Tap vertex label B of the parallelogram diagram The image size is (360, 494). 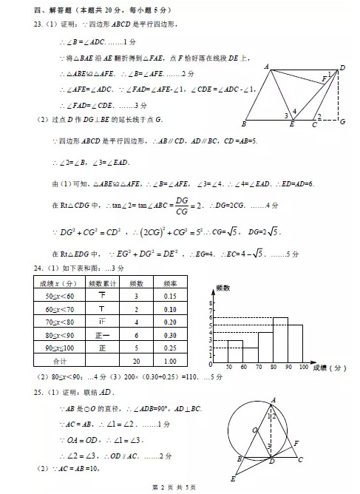tap(243, 123)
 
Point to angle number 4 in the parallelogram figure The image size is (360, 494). tap(293, 112)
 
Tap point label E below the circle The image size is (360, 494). tap(234, 478)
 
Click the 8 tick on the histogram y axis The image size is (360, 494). tap(210, 303)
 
